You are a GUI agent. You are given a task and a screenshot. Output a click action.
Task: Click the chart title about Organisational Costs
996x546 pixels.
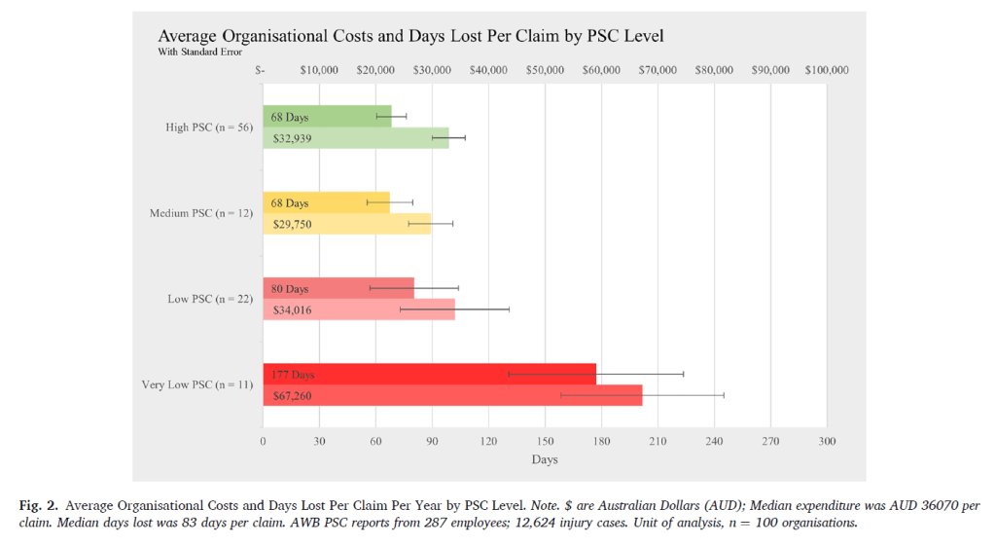[x=410, y=36]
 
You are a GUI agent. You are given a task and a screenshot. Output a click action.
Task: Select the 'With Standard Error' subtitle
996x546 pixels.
[x=199, y=53]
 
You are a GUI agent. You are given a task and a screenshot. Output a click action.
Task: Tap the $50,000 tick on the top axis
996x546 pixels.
[x=545, y=70]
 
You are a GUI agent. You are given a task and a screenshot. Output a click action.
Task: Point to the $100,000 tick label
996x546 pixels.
[x=827, y=70]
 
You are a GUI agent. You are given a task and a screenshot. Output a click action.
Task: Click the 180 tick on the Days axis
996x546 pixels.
[x=601, y=441]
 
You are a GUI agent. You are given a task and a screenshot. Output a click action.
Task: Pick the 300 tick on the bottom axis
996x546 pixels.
[x=827, y=441]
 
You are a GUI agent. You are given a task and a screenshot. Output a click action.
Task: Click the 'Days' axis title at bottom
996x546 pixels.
[x=545, y=459]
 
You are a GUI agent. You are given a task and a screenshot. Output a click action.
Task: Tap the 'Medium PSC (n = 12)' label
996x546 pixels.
[x=200, y=213]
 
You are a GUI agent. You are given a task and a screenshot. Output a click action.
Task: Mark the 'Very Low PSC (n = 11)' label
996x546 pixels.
[x=197, y=384]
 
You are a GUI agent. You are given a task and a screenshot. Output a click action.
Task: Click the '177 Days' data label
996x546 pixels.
[x=293, y=375]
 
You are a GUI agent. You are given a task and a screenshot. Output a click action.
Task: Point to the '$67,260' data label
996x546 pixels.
[x=293, y=396]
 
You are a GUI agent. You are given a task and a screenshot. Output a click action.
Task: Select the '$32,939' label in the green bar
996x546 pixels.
[x=293, y=139]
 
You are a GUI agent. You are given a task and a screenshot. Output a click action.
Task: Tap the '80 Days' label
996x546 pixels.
[x=290, y=289]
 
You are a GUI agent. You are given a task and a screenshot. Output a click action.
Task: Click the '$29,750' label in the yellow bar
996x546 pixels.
[x=293, y=224]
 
